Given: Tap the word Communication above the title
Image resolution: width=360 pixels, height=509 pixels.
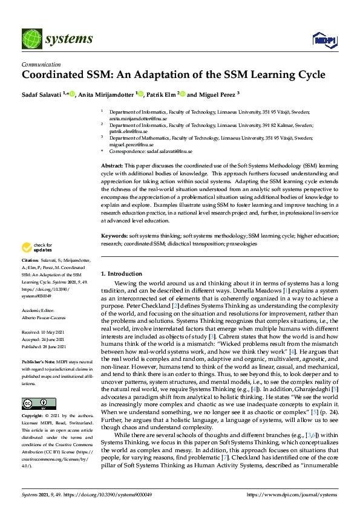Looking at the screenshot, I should (x=41, y=65).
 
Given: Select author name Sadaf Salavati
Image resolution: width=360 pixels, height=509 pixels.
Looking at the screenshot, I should (x=43, y=95).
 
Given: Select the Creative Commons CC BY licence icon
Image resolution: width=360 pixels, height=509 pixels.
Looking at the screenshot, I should (x=31, y=387).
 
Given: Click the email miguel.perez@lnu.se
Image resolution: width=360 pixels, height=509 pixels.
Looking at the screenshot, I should (x=132, y=145).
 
